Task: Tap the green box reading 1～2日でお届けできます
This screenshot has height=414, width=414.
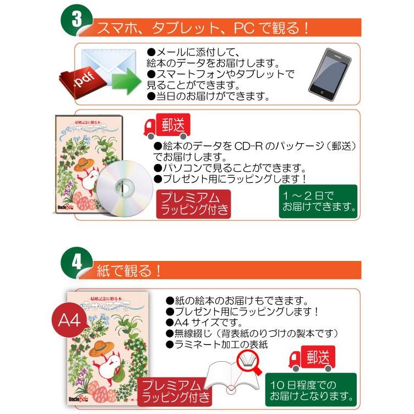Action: pos(318,201)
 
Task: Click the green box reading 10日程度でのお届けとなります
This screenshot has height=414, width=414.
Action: pos(310,389)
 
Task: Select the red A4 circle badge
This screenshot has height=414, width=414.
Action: pos(70,319)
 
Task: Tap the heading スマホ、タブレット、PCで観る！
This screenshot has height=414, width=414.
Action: pos(204,28)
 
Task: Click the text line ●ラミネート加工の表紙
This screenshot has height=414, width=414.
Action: pos(217,345)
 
